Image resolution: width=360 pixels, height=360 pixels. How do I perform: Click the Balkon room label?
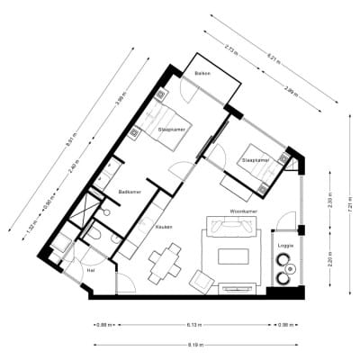[x=202, y=74]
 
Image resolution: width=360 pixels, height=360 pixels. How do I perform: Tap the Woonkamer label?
[x=245, y=212]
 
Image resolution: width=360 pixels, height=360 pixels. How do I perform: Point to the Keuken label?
[x=165, y=228]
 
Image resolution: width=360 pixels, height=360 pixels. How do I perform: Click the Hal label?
[x=91, y=269]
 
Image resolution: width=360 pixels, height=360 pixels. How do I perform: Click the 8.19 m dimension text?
[x=193, y=344]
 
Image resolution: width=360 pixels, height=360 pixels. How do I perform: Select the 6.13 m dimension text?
[x=193, y=325]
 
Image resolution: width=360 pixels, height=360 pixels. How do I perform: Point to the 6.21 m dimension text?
[x=274, y=61]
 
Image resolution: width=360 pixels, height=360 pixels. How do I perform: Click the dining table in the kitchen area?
[x=165, y=262]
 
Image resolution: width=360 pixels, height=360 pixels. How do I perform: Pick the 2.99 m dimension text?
[x=290, y=90]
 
